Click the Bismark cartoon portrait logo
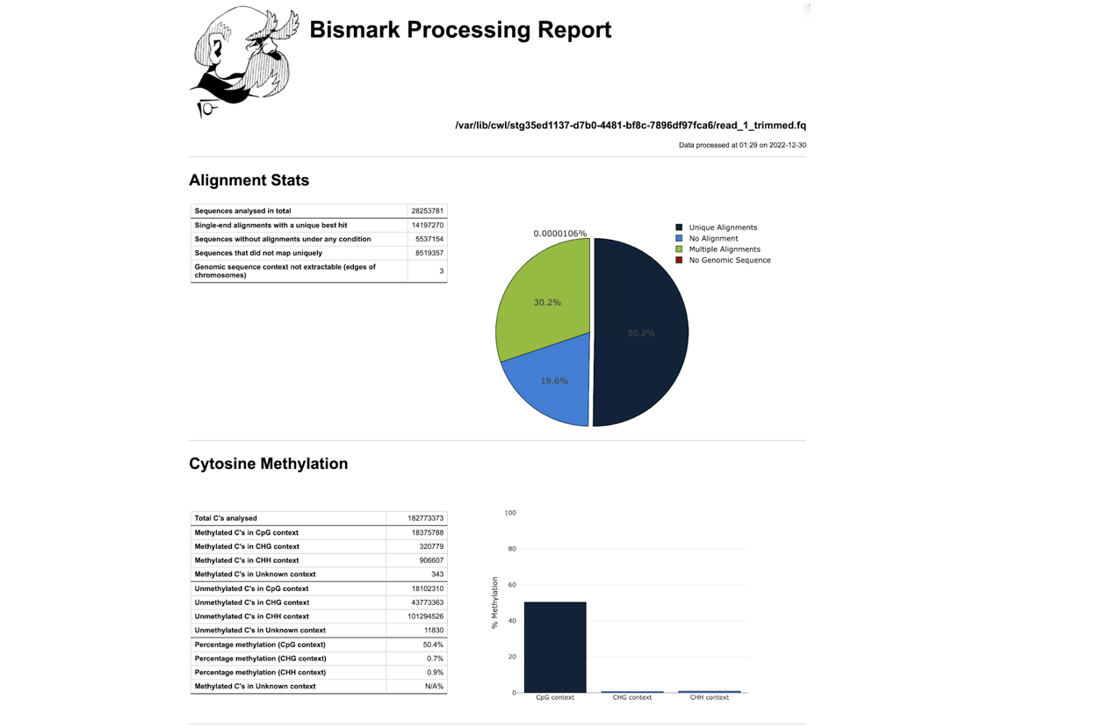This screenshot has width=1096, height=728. coord(244,61)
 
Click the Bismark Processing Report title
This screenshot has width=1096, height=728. coord(460,30)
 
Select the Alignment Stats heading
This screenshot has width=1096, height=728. coord(249,180)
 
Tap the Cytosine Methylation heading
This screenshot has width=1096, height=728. coord(269,464)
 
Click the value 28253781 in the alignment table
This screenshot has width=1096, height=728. coord(427,211)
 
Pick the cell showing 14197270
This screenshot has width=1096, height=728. coord(427,225)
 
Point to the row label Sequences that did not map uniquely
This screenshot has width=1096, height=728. coord(258,253)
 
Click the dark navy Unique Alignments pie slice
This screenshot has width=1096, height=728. coord(641,333)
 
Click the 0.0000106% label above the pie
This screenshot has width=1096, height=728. coord(559,234)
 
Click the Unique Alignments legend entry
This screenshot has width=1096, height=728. coord(717,227)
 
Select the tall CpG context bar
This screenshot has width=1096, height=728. coord(555,647)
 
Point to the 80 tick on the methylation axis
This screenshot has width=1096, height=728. coord(512,549)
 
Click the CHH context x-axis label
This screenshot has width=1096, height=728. coord(709,697)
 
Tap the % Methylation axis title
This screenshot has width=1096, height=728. coord(494,602)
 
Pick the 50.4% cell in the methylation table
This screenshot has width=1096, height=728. coord(433,645)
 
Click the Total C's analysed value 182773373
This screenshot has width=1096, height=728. coord(425,518)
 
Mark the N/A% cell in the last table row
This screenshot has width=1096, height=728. coord(434,687)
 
